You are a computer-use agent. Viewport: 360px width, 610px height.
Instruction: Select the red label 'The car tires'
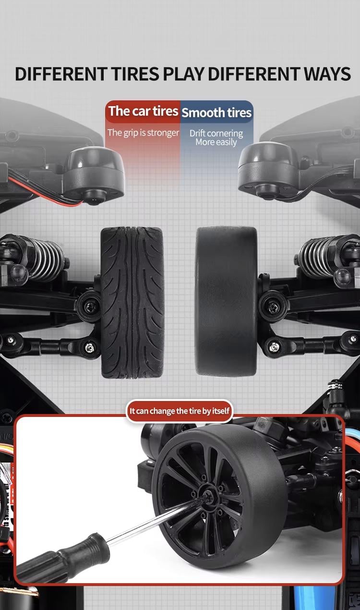tap(143, 111)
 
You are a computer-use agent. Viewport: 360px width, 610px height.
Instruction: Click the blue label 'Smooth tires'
tap(216, 113)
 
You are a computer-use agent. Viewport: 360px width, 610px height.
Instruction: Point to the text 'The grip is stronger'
tap(143, 133)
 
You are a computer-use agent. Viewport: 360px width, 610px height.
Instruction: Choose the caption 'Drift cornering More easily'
tap(216, 137)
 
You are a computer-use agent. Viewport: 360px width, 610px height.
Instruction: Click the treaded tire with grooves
tap(132, 303)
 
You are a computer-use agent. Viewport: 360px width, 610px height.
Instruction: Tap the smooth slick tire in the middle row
tap(226, 301)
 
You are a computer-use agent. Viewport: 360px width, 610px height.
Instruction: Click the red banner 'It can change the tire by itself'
tap(179, 411)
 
